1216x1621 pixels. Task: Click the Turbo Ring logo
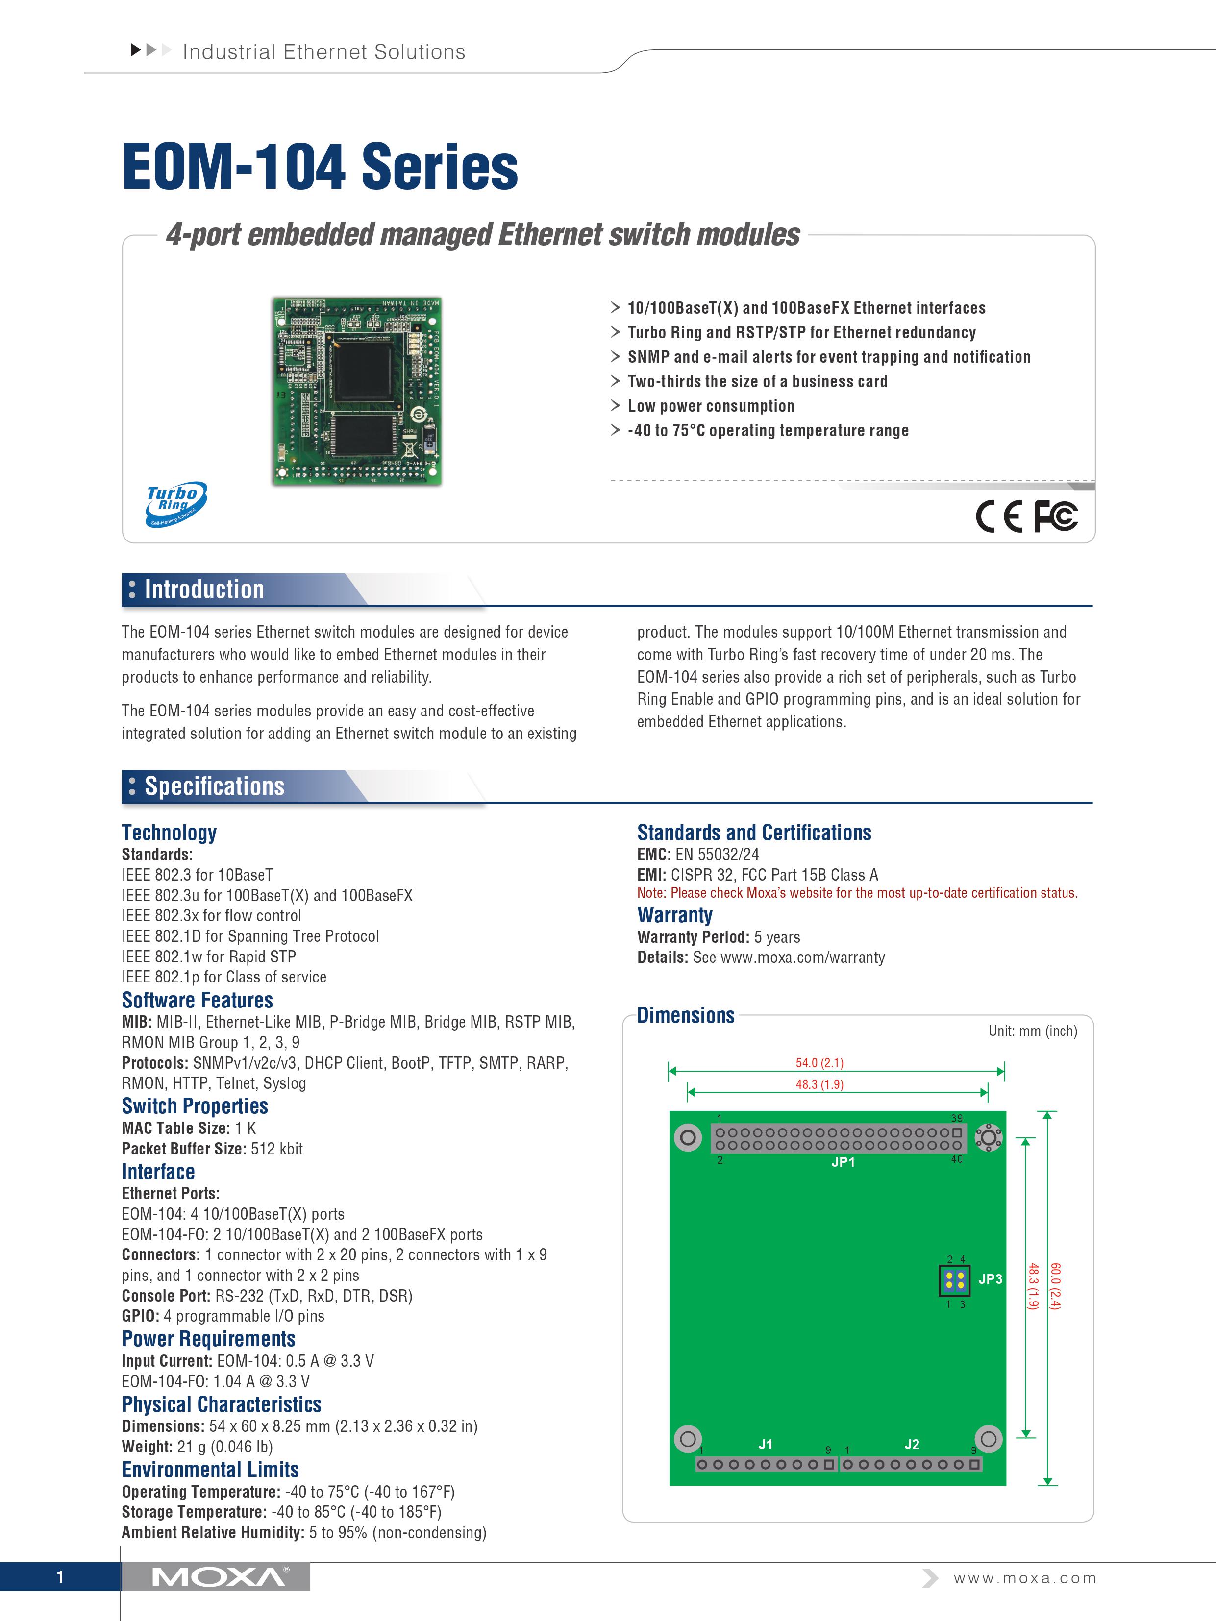(176, 503)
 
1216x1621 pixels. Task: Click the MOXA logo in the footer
(220, 1577)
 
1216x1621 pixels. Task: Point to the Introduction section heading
(204, 589)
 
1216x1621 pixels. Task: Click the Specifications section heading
(214, 786)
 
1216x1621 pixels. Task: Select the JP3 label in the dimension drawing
(990, 1279)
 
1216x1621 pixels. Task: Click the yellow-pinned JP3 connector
(954, 1280)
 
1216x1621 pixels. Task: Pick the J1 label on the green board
(765, 1444)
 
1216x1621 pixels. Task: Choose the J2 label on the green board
(911, 1444)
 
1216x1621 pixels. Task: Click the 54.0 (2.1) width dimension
(819, 1062)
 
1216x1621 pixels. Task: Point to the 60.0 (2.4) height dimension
(1055, 1286)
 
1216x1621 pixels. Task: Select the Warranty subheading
(674, 915)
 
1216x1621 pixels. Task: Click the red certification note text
(857, 892)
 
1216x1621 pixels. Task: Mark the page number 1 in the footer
(60, 1577)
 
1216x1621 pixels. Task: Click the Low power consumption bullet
(710, 406)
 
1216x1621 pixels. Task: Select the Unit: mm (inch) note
(1032, 1031)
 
